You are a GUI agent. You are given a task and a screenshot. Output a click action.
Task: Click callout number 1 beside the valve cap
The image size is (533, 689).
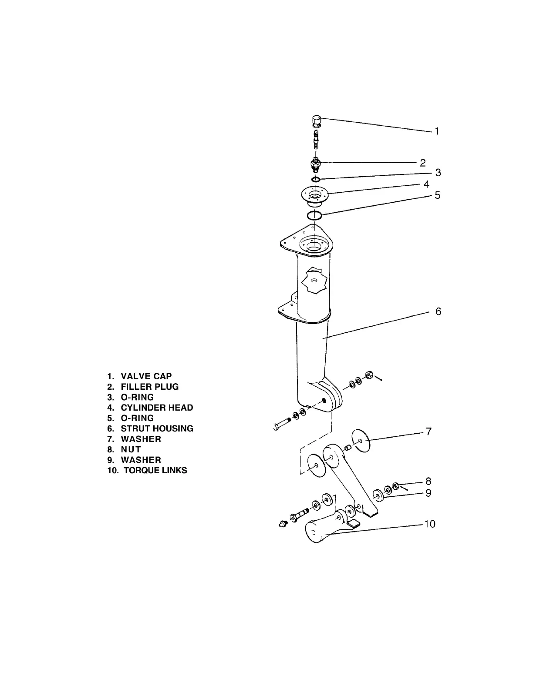click(437, 131)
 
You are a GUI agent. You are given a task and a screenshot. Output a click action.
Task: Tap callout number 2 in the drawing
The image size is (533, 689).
click(422, 163)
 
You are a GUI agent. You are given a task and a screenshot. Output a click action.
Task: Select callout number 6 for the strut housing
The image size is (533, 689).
click(438, 311)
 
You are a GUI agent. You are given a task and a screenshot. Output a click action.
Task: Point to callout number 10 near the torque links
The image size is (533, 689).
click(429, 524)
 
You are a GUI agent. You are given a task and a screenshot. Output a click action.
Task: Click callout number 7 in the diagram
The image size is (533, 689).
click(428, 431)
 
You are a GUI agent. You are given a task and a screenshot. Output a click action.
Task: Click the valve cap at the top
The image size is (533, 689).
click(317, 119)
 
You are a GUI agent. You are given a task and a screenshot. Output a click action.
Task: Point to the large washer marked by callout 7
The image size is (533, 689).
click(361, 441)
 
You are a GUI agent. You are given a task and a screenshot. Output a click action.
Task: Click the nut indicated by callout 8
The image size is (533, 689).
click(396, 486)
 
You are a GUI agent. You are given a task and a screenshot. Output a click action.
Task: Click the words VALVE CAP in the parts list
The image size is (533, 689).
click(146, 376)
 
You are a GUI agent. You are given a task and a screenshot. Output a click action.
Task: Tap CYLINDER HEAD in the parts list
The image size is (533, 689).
click(157, 408)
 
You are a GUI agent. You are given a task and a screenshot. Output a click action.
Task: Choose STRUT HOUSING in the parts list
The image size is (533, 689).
click(157, 428)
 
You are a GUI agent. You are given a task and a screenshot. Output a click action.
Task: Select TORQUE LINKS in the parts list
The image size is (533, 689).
click(155, 470)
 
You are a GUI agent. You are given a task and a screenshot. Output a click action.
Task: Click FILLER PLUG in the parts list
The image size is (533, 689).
click(150, 387)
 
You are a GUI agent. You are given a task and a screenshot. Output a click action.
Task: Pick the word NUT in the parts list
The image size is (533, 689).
click(131, 449)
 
